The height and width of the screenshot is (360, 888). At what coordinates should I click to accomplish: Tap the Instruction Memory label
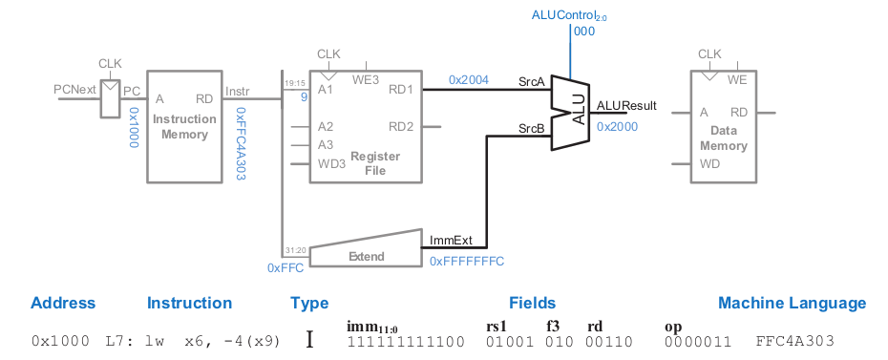(x=184, y=127)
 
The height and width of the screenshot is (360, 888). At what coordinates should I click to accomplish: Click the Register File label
(x=368, y=163)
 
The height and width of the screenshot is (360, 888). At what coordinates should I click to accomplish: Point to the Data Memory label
(x=723, y=139)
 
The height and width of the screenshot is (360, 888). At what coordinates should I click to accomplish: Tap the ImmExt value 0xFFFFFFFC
(x=466, y=261)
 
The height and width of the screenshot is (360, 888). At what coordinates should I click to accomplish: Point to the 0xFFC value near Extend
(x=285, y=268)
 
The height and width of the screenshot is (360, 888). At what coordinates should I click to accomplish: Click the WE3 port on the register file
(x=365, y=79)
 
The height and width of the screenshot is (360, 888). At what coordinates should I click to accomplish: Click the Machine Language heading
(x=792, y=304)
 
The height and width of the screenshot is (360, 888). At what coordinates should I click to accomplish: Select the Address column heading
(x=63, y=304)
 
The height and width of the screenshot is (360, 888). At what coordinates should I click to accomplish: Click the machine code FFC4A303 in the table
(x=794, y=341)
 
